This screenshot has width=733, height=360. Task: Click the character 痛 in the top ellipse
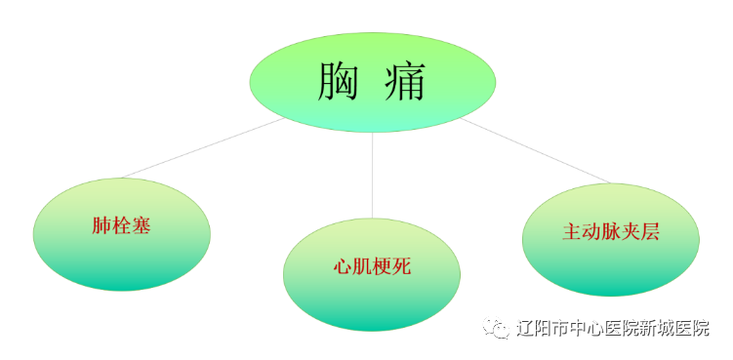click(x=403, y=81)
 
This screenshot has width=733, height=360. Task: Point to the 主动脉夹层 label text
click(x=611, y=233)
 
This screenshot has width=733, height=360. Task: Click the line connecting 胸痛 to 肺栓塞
click(x=200, y=148)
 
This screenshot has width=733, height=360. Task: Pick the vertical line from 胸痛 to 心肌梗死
click(x=372, y=176)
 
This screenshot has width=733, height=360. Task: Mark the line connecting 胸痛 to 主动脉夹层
click(x=537, y=151)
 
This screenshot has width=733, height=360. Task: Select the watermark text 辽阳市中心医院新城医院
click(x=613, y=329)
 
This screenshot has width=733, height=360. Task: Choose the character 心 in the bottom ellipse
click(x=342, y=267)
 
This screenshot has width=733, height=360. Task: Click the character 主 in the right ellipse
click(x=572, y=233)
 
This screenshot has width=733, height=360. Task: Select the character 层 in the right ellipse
click(x=651, y=233)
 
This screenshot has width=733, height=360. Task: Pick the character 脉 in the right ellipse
click(x=611, y=233)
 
